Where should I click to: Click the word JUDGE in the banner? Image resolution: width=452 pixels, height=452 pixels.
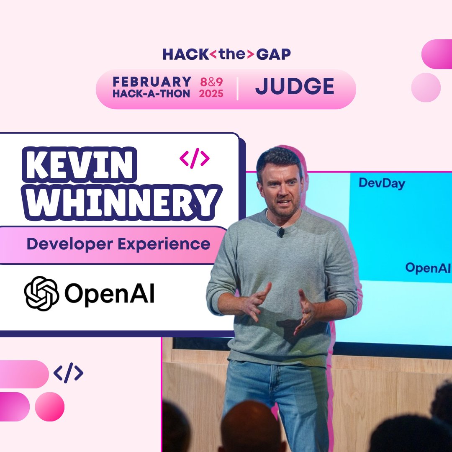click(x=295, y=87)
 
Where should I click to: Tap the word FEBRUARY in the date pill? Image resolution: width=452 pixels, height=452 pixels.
click(x=152, y=82)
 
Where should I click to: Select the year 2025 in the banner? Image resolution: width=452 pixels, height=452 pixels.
click(x=211, y=93)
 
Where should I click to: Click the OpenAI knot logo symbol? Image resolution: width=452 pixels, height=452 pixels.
click(x=41, y=293)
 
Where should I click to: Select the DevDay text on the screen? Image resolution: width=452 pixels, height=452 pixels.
click(x=381, y=183)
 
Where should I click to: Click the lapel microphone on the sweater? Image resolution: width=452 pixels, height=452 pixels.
click(x=281, y=231)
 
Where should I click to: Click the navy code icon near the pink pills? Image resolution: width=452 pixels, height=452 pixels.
click(x=68, y=372)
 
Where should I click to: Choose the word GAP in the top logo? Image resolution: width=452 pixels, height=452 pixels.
click(x=274, y=54)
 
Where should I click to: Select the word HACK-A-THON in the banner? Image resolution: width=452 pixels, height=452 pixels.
click(x=151, y=93)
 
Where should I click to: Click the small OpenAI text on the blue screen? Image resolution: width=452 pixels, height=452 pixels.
click(x=427, y=268)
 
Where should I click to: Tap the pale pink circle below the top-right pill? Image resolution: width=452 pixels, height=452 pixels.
click(x=426, y=87)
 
